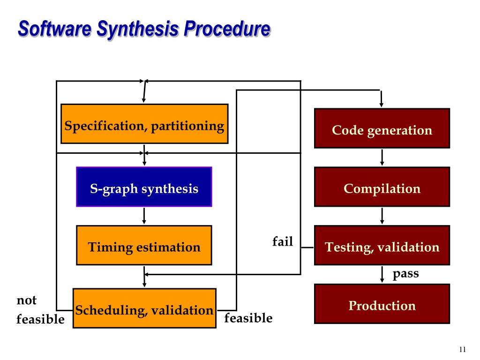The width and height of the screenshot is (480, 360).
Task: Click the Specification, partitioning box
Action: [144, 124]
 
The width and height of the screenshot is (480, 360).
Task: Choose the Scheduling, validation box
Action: [144, 308]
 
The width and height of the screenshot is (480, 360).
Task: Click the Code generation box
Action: [382, 128]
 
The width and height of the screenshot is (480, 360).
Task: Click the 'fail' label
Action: [283, 242]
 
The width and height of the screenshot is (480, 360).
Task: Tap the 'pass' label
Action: [405, 273]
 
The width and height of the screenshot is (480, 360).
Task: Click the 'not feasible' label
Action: [39, 310]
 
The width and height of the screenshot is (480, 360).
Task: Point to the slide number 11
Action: [463, 349]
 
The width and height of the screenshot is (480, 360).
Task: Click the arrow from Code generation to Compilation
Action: [382, 157]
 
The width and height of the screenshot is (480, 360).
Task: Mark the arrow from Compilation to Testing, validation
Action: [382, 216]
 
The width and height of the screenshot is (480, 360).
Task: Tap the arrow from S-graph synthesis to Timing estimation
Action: [144, 216]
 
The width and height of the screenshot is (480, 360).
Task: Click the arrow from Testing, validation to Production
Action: [382, 274]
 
